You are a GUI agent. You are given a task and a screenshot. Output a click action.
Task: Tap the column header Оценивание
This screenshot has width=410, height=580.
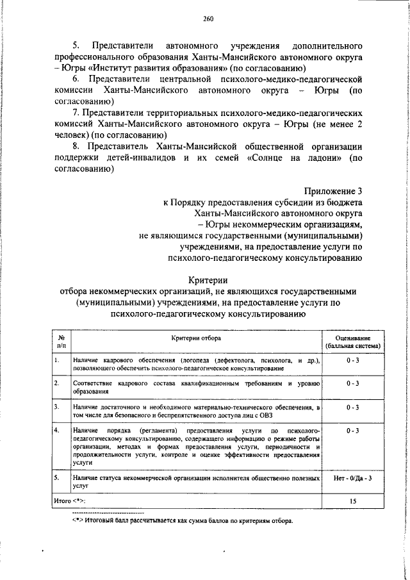(352, 337)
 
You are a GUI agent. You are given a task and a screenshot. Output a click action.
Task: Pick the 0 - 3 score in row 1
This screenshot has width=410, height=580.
(352, 361)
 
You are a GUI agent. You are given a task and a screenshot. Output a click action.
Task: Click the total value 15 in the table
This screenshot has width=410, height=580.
(352, 499)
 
